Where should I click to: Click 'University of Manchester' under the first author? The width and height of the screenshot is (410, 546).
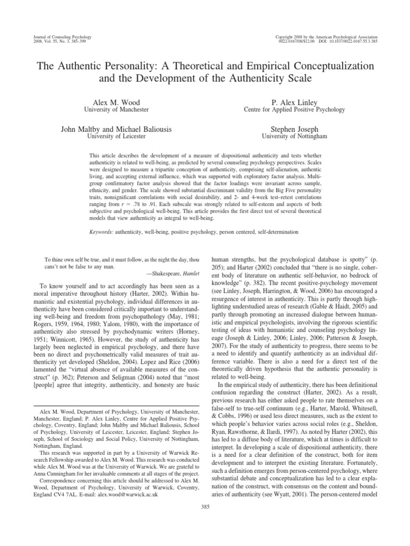tap(117, 109)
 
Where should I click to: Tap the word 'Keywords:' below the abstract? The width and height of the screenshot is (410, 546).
tap(101, 232)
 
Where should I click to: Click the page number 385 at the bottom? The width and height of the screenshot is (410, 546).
tap(205, 507)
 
